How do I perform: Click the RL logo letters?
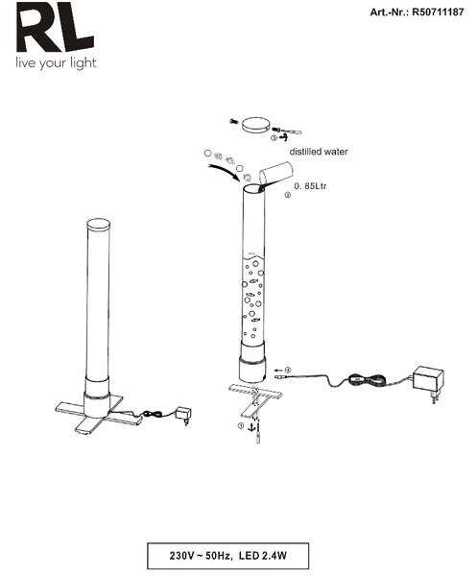click(x=55, y=27)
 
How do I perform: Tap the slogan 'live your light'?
click(x=56, y=63)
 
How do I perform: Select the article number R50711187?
click(x=438, y=12)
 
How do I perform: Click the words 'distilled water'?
click(x=319, y=152)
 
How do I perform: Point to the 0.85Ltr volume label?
click(x=310, y=186)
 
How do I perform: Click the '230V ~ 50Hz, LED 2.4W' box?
click(x=227, y=556)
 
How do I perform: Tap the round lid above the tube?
click(x=256, y=126)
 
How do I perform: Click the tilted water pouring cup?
click(x=275, y=174)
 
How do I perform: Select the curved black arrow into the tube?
click(x=224, y=171)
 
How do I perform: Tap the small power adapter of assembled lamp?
click(x=183, y=415)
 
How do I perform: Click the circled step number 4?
click(x=288, y=370)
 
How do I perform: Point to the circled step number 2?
click(x=288, y=195)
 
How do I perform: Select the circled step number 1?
click(x=241, y=425)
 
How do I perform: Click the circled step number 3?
click(x=274, y=138)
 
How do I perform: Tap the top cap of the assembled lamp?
click(x=99, y=225)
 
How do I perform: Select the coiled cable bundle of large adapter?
click(x=367, y=379)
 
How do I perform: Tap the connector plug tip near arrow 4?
click(x=279, y=377)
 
